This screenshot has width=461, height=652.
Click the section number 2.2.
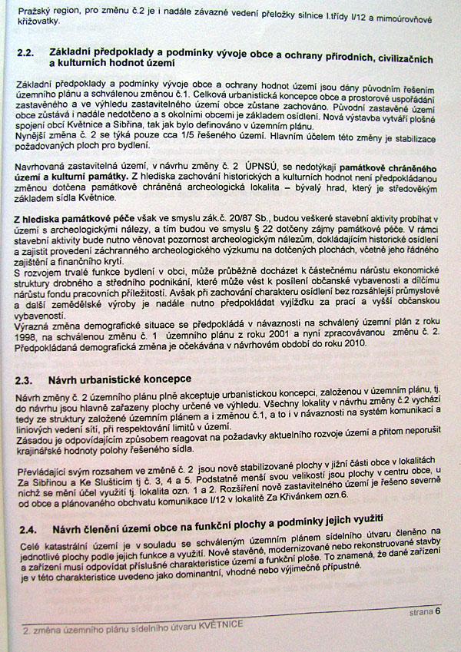[25, 53]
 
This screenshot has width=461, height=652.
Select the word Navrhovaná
[42, 166]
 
